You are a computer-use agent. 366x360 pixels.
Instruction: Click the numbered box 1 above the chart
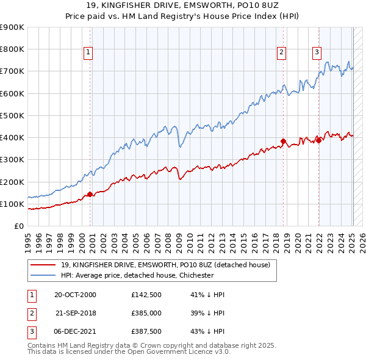click(x=88, y=53)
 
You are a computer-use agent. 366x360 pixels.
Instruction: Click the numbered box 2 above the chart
click(x=282, y=53)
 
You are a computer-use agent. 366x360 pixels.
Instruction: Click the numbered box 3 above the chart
click(x=317, y=53)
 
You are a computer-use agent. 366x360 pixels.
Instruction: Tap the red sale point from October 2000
click(x=90, y=194)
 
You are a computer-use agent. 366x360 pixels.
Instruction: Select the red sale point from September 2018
click(x=284, y=141)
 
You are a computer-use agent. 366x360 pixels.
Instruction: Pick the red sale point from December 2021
click(x=318, y=140)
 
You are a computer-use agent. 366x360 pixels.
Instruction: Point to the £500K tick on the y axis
click(x=12, y=115)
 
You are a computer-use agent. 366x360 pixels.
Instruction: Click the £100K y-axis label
click(x=12, y=204)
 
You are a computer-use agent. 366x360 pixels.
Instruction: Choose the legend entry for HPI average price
click(x=137, y=275)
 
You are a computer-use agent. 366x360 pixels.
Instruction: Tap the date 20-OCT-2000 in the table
click(x=75, y=295)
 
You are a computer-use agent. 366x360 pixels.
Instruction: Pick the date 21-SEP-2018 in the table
click(x=75, y=312)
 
